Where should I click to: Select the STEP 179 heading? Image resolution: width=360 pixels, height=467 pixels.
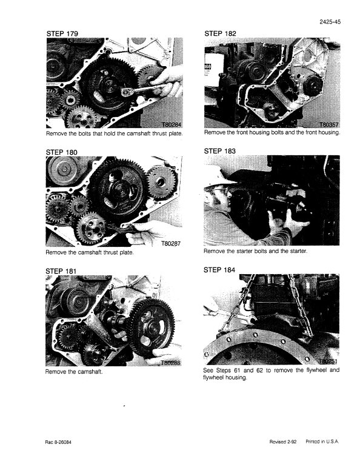click(x=64, y=32)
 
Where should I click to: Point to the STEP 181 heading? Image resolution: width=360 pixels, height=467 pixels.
click(x=64, y=270)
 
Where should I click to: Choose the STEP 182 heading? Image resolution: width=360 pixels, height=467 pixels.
click(x=221, y=32)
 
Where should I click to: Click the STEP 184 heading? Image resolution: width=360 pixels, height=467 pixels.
click(x=221, y=270)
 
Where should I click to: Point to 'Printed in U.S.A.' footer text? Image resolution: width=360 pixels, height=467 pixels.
click(x=323, y=441)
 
